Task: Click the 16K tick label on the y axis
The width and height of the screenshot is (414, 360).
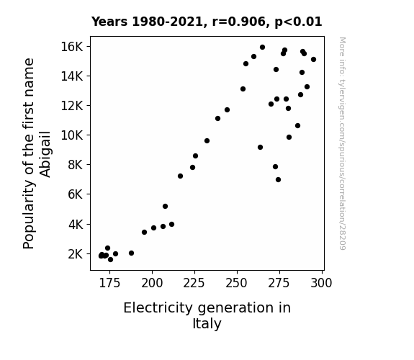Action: pos(72,47)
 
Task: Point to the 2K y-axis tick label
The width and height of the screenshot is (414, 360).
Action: pos(76,254)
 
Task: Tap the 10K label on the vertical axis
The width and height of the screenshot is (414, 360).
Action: pos(72,135)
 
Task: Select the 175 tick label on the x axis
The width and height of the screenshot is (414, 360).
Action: pos(109,283)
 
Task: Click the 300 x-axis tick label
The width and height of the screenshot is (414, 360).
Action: pos(321,283)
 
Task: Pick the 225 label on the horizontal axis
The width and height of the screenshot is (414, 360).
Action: pos(194,283)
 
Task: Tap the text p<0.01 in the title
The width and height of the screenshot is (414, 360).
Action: pos(298,22)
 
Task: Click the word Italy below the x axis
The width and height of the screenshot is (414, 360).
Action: pos(207,324)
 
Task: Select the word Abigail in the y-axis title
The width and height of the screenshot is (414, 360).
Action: pos(45,154)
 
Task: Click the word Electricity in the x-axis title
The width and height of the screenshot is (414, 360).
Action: pos(158,308)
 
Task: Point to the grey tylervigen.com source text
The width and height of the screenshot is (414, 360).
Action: pos(342,143)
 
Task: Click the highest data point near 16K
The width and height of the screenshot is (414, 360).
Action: pos(262,48)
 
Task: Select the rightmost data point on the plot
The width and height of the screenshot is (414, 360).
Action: pos(313,60)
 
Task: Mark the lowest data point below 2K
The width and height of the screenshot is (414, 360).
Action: pos(110,260)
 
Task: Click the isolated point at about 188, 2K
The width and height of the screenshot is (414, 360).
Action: pos(131,253)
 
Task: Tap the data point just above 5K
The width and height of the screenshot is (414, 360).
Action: pos(165,207)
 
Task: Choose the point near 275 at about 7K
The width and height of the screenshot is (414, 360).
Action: pos(278,179)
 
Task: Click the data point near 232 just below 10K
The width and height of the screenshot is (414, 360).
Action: pos(207,141)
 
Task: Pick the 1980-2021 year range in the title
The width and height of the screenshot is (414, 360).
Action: pos(167,22)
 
